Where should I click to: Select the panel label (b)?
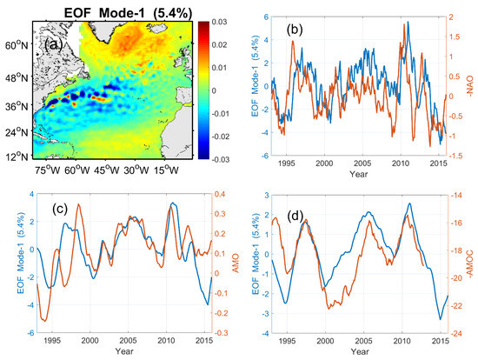point(303,30)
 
